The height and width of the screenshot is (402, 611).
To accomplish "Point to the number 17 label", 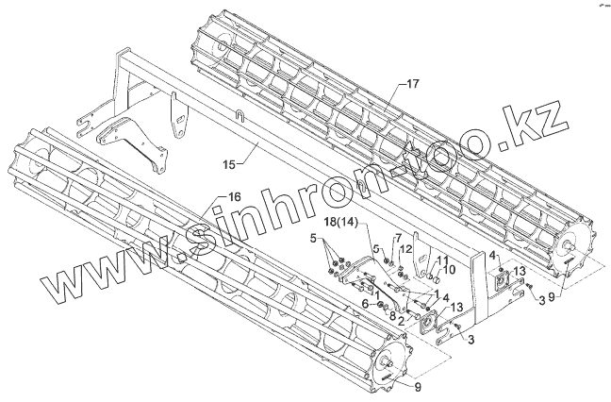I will pos(411,85).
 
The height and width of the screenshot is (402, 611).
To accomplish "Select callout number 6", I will pos(365,303).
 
